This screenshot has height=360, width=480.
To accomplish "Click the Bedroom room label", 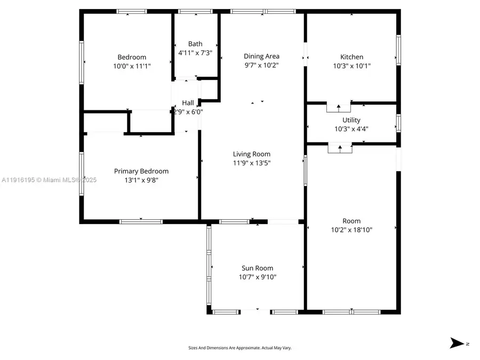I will click(132, 57).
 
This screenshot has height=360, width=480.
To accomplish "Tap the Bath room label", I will click(195, 44).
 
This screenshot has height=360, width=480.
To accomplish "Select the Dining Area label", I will click(261, 56).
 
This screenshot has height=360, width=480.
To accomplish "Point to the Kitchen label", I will click(351, 57).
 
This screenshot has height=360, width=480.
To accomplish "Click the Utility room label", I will click(351, 120).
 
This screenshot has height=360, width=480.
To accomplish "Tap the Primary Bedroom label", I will click(141, 171).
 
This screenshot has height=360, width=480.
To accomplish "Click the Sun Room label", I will click(257, 268).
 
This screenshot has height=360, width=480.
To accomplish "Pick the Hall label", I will click(188, 103).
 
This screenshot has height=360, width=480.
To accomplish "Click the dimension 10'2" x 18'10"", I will click(351, 230).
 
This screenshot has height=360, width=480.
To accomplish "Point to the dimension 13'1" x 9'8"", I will click(141, 180).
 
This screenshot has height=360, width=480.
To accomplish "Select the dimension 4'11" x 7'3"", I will click(195, 53).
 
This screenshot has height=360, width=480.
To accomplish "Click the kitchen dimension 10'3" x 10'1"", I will click(351, 66).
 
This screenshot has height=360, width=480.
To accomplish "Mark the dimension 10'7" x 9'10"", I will click(257, 277).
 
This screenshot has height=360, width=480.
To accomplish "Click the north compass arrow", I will click(458, 343).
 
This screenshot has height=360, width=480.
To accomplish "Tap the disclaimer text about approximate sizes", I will click(239, 348).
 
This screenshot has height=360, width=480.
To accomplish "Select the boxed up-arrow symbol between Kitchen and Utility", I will click(338, 108).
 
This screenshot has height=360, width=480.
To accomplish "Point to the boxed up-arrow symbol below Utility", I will click(340, 148).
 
